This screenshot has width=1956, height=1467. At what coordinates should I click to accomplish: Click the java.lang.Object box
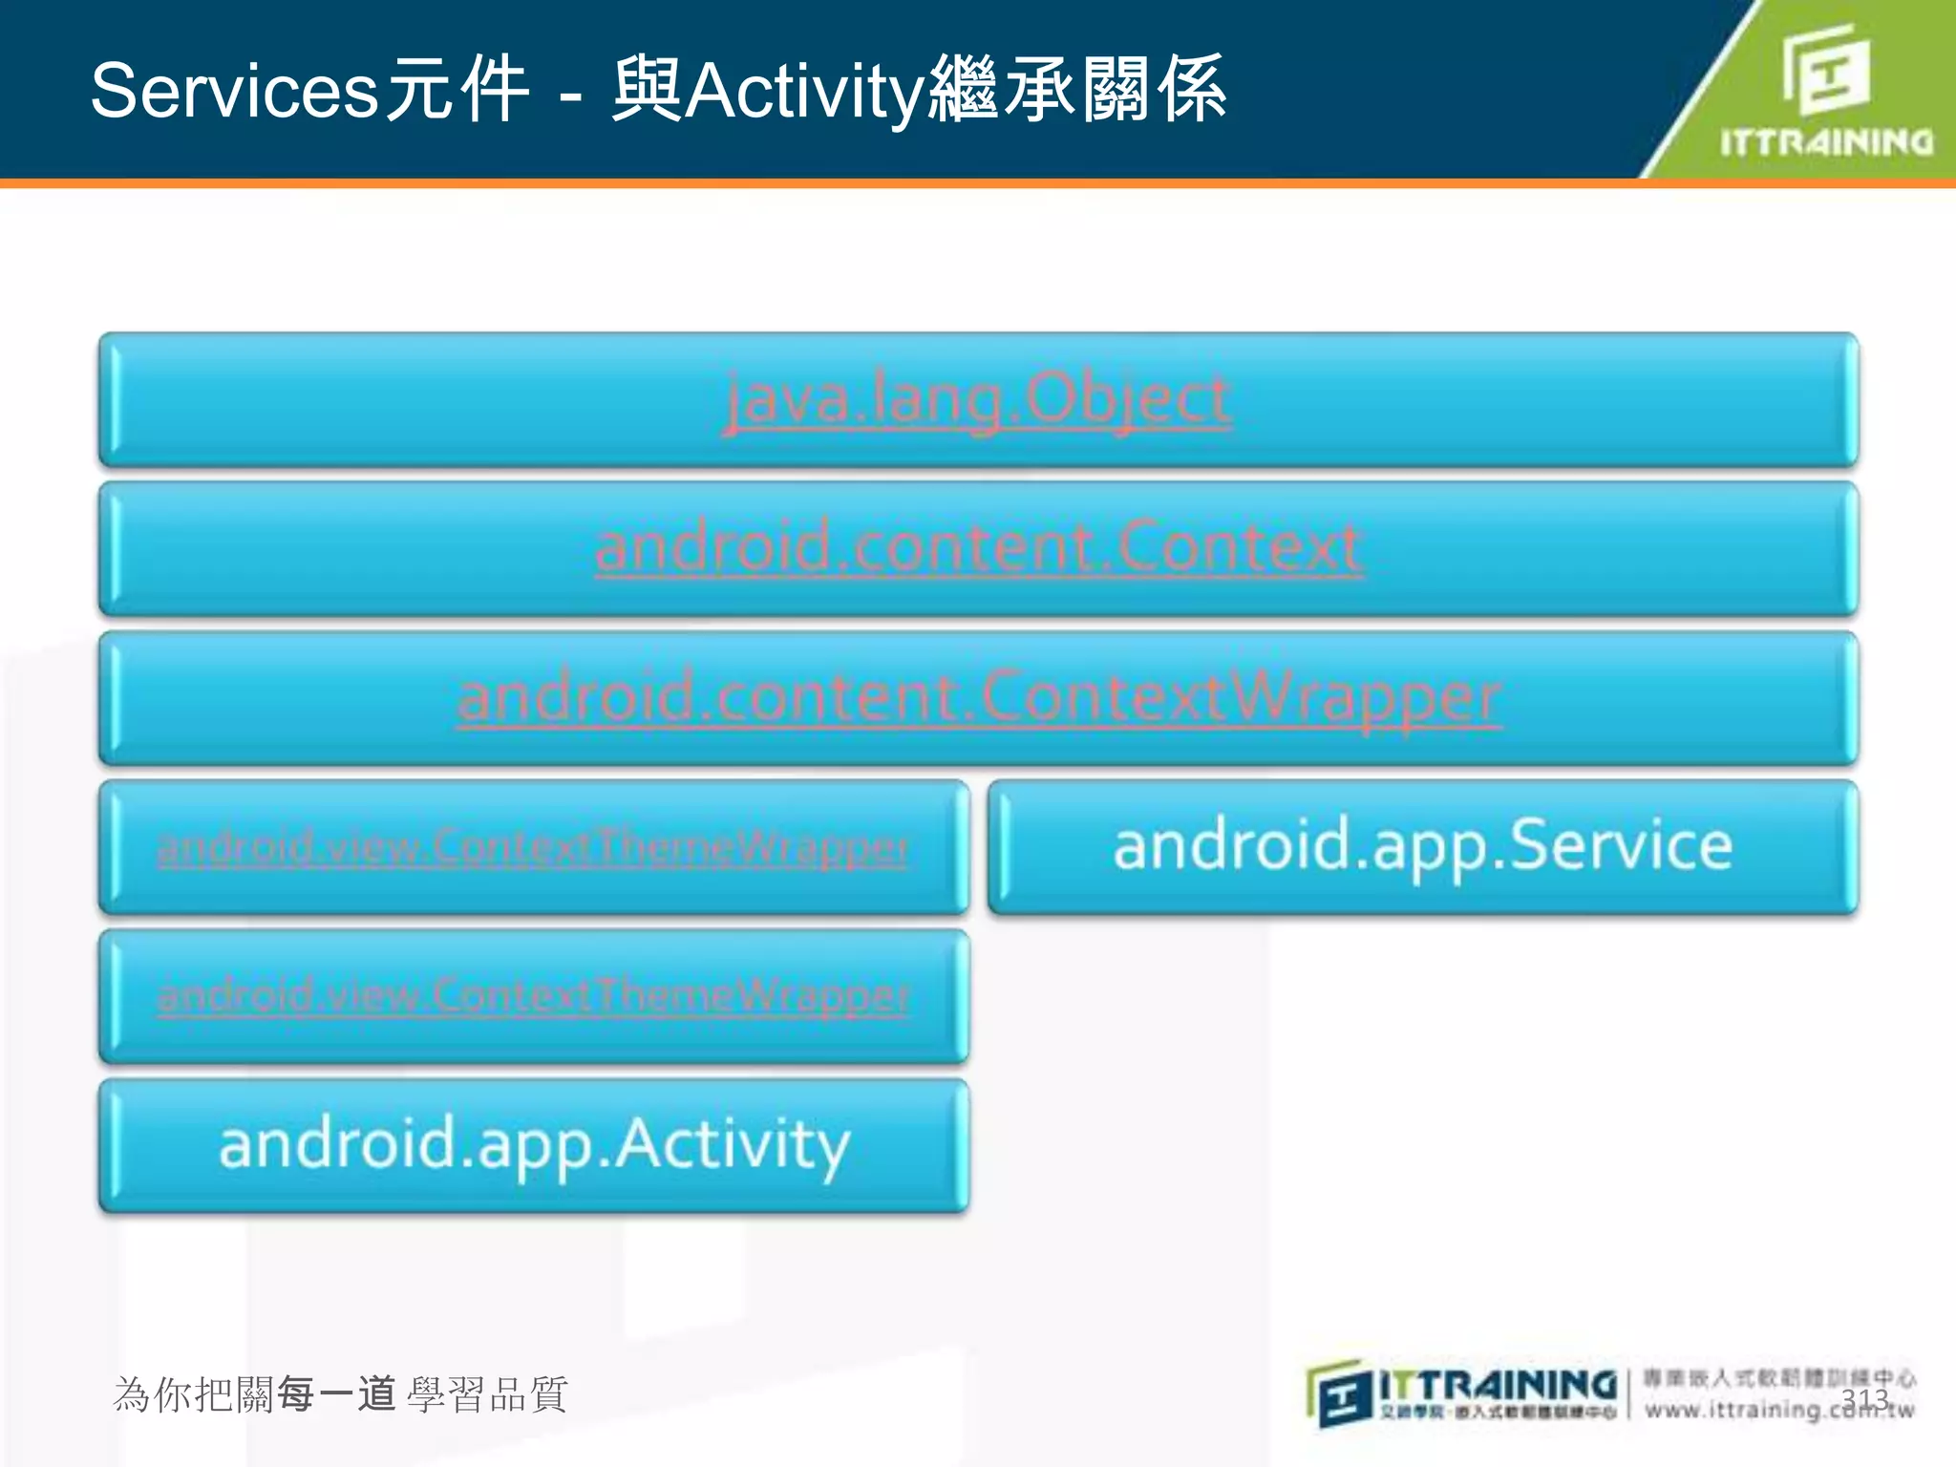978,399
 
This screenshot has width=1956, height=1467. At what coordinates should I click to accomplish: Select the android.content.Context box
978,548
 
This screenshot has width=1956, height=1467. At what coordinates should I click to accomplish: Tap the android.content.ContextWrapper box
978,697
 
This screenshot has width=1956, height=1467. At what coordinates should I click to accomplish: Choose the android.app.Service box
1423,846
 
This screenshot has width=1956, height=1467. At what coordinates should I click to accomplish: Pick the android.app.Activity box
534,1144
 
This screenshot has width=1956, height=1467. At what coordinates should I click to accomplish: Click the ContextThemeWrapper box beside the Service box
534,846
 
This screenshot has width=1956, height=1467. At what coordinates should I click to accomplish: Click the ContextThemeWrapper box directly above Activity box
534,995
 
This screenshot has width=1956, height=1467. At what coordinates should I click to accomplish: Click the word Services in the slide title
235,91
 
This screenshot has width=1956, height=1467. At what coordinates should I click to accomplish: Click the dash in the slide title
571,96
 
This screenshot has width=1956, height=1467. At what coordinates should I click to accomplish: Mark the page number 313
1864,1398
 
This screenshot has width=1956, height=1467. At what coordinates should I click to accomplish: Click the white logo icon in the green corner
1824,69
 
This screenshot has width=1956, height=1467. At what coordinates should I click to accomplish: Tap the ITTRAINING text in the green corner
1826,142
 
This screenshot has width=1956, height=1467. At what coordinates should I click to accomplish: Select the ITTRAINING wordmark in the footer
1498,1385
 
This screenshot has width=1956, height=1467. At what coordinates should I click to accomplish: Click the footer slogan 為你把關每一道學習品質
340,1394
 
